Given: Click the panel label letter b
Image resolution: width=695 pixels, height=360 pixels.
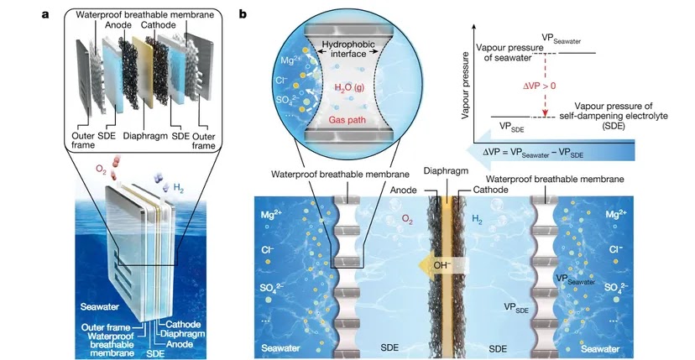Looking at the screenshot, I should pyautogui.click(x=243, y=14).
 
